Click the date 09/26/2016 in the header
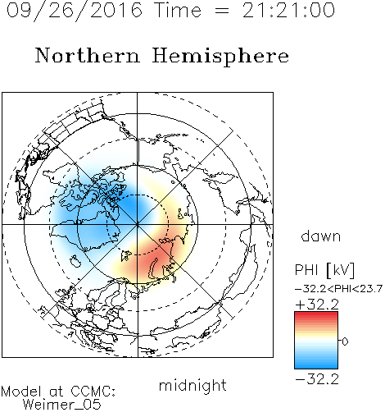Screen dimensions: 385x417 (74, 11)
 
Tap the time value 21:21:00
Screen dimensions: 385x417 (288, 10)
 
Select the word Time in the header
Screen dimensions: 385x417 (178, 10)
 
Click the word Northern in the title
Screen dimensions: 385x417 (88, 55)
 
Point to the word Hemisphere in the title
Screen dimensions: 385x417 (220, 57)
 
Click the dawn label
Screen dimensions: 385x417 (321, 236)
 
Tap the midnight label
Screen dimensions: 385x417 (192, 385)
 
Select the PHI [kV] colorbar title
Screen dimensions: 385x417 (324, 270)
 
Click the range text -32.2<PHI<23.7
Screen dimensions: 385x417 (338, 289)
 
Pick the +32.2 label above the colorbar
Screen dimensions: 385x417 (317, 305)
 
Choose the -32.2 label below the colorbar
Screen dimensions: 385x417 (317, 379)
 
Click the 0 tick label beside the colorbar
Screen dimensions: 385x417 (345, 341)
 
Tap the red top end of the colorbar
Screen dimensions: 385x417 (316, 314)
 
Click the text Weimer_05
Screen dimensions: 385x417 (62, 405)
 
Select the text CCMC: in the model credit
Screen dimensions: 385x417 (93, 392)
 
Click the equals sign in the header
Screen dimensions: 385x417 (222, 11)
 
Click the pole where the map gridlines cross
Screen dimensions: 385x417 (138, 225)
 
